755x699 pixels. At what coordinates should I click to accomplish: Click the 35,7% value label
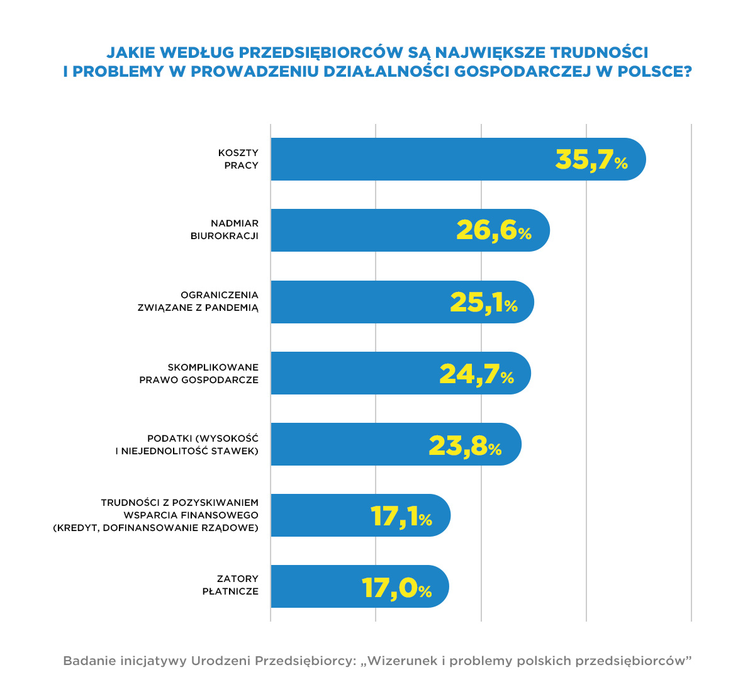point(591,160)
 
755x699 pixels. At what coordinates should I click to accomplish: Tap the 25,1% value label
point(483,303)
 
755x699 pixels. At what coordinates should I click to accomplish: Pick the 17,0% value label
point(396,588)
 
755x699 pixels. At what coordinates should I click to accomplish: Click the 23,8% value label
point(464,445)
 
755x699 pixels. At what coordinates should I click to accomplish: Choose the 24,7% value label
point(476,374)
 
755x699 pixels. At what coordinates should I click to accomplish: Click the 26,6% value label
point(493,231)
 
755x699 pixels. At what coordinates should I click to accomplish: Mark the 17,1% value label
point(401,517)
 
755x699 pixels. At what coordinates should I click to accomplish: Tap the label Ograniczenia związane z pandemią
point(198,301)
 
